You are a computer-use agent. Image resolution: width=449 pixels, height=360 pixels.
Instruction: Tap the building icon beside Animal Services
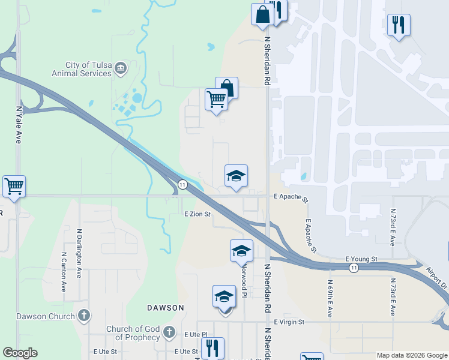point(121,67)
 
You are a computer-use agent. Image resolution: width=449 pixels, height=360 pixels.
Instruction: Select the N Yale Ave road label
point(19,125)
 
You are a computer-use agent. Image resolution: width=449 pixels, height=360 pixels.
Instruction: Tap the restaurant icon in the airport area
point(398,26)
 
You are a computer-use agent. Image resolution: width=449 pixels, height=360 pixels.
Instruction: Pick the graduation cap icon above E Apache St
point(236,176)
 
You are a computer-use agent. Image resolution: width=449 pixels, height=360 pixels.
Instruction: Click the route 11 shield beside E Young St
point(355,268)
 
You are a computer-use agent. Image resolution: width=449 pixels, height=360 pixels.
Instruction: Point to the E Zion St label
point(198,214)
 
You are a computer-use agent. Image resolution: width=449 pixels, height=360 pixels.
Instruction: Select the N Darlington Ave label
point(79,251)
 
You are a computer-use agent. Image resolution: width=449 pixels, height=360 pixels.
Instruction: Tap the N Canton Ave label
point(64,271)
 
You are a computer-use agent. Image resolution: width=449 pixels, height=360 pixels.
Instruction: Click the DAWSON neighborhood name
point(166,307)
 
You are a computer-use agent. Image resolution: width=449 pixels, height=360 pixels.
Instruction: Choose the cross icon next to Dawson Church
point(84,316)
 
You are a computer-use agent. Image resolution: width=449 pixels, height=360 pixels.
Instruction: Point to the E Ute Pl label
point(196,334)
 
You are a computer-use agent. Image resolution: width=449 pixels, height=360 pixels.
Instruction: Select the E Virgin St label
point(289,322)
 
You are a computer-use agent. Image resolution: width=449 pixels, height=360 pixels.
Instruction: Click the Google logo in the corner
point(20,353)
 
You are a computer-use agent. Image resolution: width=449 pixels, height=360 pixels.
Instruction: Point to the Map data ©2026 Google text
point(412,355)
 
